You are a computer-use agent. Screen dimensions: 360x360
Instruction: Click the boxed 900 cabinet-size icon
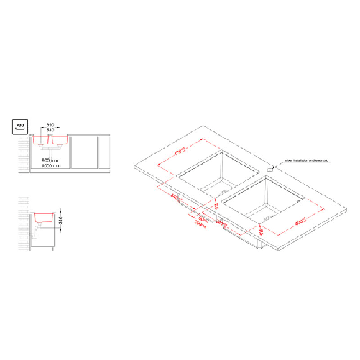click(x=19, y=128)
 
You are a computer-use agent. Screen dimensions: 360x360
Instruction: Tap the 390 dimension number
click(x=50, y=126)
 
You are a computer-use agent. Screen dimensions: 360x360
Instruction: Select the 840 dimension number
click(x=50, y=131)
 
